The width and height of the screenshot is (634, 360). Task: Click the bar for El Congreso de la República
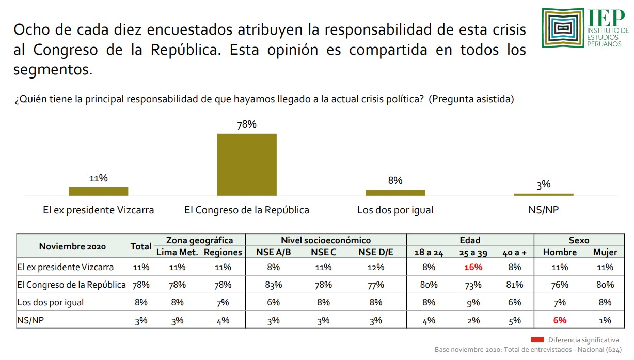coord(247,164)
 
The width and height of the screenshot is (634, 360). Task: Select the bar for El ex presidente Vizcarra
coord(98,191)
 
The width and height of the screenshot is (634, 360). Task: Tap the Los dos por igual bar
coord(395,193)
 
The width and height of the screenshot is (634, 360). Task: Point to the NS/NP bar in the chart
coord(544,194)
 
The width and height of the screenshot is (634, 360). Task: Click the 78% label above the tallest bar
coord(247,124)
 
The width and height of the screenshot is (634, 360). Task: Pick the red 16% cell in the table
coord(472,267)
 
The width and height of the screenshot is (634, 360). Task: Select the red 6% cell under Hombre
coord(560,320)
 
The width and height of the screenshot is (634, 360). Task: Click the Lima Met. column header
coord(177,252)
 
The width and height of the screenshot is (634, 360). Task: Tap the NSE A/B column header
coord(273,252)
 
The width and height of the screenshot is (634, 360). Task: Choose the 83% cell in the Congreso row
coord(273,285)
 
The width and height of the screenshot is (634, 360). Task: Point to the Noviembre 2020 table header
coord(72,246)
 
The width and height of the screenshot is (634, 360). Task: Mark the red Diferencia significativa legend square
coord(537,339)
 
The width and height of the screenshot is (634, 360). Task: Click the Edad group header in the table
coord(470,240)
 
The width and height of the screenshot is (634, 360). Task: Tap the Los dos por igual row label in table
coord(50,302)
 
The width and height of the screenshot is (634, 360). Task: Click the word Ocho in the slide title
coord(32,29)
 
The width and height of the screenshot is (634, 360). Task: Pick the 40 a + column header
coord(515,252)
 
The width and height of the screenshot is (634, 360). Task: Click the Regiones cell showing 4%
coord(223,320)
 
